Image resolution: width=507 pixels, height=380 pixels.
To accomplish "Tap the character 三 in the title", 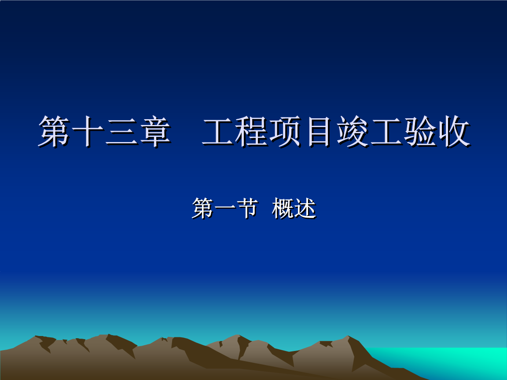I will coord(121,132).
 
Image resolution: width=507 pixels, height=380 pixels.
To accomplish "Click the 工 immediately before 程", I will coord(219,132).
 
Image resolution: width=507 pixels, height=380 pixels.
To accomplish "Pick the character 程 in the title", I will coord(252,132).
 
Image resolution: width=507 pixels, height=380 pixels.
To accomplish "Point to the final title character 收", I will coord(453,132).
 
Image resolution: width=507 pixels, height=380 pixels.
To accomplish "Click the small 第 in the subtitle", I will coord(202,208).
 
